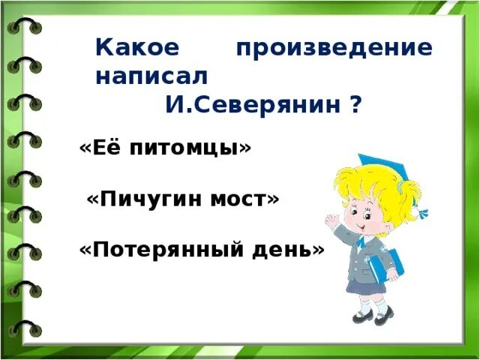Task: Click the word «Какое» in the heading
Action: click(138, 48)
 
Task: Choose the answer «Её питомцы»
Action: click(166, 148)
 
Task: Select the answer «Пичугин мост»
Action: click(183, 199)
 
